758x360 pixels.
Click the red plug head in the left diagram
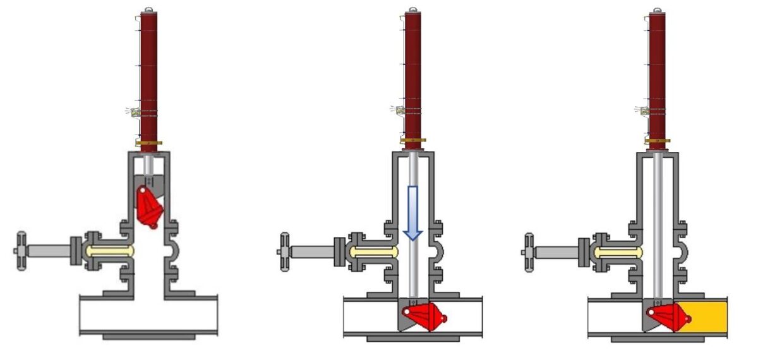click(150, 207)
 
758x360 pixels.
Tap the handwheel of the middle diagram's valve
click(282, 252)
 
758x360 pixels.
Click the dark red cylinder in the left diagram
click(149, 76)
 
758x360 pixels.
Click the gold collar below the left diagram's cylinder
click(149, 143)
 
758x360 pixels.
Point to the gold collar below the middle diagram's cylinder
click(412, 140)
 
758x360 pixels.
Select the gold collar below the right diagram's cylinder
click(657, 140)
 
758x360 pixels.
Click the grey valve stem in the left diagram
click(47, 251)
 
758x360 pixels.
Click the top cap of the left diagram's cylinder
click(149, 9)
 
